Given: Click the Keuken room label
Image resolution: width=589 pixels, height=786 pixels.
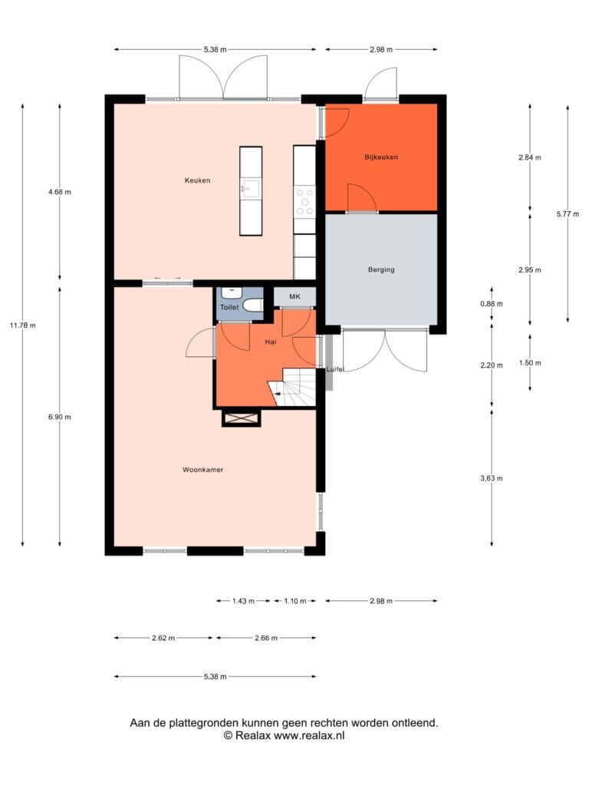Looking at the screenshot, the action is coord(197,180).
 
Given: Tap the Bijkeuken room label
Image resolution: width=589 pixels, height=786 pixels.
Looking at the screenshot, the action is coord(381,157).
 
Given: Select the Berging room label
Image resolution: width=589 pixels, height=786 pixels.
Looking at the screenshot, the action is coord(381,269).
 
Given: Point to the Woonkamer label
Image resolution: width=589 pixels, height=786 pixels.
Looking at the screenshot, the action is coord(202,470).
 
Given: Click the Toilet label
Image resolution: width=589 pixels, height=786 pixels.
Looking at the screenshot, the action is coord(229,307).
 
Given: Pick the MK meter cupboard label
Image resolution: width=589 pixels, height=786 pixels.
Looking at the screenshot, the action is coord(294,297).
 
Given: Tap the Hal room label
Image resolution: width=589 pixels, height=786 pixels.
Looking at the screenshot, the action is coord(271,342).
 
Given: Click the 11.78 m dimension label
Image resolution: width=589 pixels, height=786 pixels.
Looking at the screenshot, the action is coord(22,325).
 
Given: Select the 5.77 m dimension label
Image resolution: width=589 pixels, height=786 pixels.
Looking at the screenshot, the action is coord(568,214).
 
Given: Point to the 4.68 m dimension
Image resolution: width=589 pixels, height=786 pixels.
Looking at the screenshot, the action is coord(60,192).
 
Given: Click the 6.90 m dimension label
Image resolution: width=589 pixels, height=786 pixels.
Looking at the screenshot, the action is coord(60,417).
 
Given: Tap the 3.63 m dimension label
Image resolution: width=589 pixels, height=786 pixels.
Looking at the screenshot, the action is coord(492,478).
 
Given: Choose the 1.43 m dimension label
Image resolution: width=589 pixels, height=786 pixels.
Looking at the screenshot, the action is coord(243,601).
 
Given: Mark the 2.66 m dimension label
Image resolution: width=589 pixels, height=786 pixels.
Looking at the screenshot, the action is coord(266,638).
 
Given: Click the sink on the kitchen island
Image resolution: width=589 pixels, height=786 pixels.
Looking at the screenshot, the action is coord(251,189).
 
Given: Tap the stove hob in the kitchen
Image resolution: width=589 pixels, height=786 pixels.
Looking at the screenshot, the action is coord(304,201).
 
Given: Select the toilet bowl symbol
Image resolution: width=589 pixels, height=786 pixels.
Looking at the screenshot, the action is coord(253,305).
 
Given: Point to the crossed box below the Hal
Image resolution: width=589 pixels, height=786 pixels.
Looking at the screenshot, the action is coord(242,418).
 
